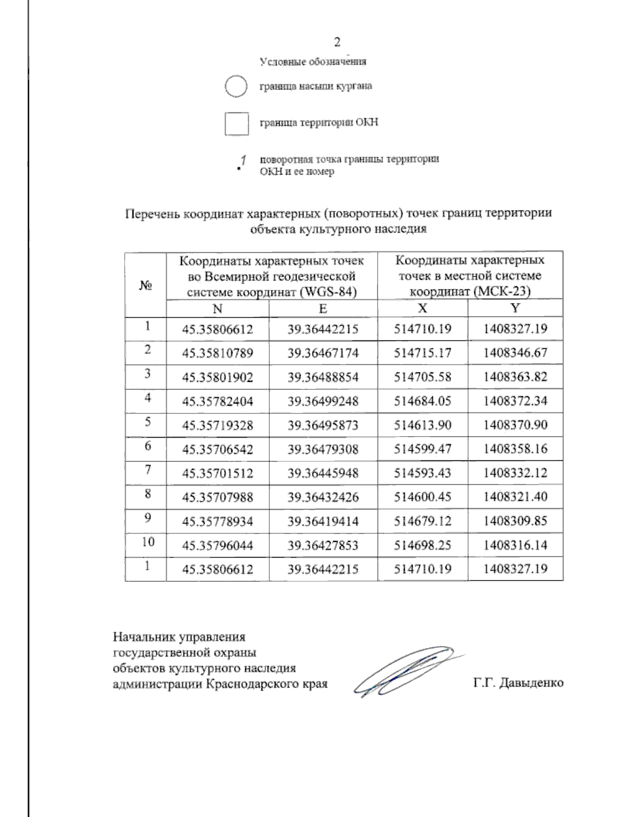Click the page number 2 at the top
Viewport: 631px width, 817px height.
pos(337,42)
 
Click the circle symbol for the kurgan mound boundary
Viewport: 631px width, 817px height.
pos(236,86)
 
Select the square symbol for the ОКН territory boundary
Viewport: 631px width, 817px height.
pos(236,123)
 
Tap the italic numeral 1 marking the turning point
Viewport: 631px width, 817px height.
pos(243,159)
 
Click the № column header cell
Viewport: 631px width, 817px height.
pos(146,285)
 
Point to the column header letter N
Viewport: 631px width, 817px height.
pos(217,308)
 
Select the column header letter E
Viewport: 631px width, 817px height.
pos(323,308)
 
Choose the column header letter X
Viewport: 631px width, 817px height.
pos(422,308)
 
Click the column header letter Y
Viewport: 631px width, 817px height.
pos(515,308)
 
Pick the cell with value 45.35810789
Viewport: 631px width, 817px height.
pos(217,353)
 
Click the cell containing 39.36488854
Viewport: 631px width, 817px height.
pos(323,377)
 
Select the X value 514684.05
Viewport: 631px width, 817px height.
pos(423,401)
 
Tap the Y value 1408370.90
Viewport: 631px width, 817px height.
pos(515,425)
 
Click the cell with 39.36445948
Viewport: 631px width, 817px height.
pos(323,473)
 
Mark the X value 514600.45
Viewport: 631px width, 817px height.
pos(423,497)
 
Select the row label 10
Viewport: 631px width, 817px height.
pos(148,542)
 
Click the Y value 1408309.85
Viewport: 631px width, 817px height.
pos(515,521)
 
